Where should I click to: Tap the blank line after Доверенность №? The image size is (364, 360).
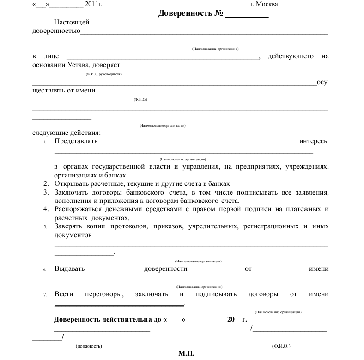[x=247, y=14]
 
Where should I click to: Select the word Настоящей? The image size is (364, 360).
[x=72, y=22]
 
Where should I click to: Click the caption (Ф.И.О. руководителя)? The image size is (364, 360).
[x=104, y=74]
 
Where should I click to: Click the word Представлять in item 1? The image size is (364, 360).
[x=76, y=141]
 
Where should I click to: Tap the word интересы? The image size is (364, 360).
[x=314, y=141]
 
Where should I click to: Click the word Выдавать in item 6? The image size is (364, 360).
[x=69, y=269]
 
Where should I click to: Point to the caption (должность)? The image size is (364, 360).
[x=89, y=346]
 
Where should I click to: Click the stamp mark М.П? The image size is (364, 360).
[x=187, y=354]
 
